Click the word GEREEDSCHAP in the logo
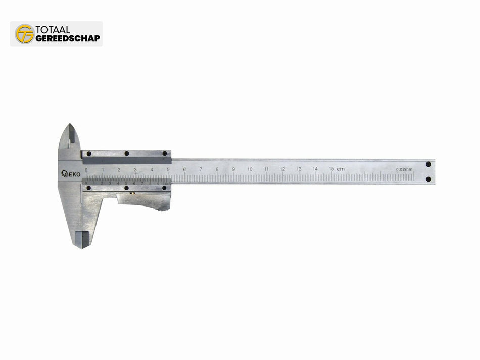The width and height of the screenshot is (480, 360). point(67,38)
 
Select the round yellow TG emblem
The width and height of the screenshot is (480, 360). point(24,34)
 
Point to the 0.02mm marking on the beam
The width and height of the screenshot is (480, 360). point(404,169)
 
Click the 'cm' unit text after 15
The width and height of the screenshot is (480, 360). point(341,168)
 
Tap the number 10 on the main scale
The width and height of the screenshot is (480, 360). point(250,169)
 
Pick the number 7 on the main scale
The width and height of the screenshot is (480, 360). point(201,169)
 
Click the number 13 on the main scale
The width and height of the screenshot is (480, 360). point(299,169)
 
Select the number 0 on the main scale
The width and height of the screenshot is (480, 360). point(86,169)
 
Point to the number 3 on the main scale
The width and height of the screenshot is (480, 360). point(135,169)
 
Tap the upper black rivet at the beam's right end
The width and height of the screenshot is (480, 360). point(428,164)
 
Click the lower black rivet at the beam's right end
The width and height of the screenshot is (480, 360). point(428,179)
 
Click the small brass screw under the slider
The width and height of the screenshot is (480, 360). point(129,193)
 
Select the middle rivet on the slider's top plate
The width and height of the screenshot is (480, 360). point(127,153)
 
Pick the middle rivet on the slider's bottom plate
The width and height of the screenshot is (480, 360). point(126,188)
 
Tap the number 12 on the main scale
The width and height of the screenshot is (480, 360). point(282,169)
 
